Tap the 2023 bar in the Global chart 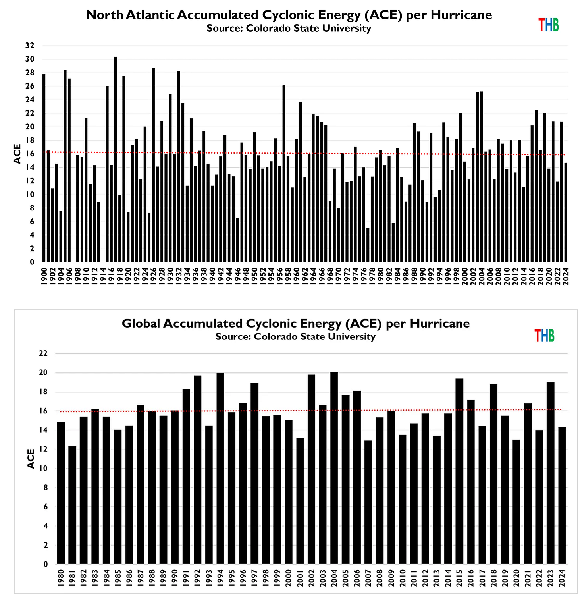(x=550, y=472)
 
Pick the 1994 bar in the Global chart (x=220, y=469)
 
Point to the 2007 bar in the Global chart (x=368, y=502)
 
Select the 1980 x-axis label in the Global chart (x=61, y=578)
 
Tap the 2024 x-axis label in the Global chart (x=562, y=578)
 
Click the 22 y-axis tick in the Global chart (x=43, y=353)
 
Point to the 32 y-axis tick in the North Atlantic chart (x=30, y=46)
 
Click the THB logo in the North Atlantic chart (x=549, y=25)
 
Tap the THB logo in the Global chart (x=544, y=336)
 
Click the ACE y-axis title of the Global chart (x=31, y=459)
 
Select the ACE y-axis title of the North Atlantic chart (x=17, y=154)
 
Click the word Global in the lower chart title (x=141, y=324)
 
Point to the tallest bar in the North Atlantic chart (x=116, y=159)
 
